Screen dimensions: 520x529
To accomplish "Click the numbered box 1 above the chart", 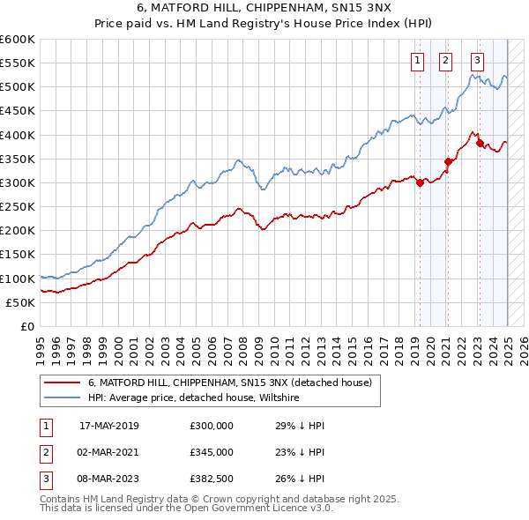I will pyautogui.click(x=415, y=61).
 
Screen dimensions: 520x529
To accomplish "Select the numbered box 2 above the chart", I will pyautogui.click(x=444, y=61).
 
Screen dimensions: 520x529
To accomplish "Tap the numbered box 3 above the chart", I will pyautogui.click(x=477, y=61).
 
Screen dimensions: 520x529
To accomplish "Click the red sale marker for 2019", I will pyautogui.click(x=420, y=182).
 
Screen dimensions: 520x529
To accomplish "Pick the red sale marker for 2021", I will pyautogui.click(x=448, y=161).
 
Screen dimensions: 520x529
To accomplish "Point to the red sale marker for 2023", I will pyautogui.click(x=479, y=143).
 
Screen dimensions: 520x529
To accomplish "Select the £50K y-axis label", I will pyautogui.click(x=21, y=302).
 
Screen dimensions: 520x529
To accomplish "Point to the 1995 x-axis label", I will pyautogui.click(x=41, y=348).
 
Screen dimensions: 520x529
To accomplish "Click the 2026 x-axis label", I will pyautogui.click(x=525, y=348).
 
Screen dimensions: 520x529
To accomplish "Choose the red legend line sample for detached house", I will pyautogui.click(x=62, y=383).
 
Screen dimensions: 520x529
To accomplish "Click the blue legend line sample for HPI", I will pyautogui.click(x=62, y=398).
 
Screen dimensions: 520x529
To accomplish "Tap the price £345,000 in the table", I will pyautogui.click(x=211, y=452).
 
